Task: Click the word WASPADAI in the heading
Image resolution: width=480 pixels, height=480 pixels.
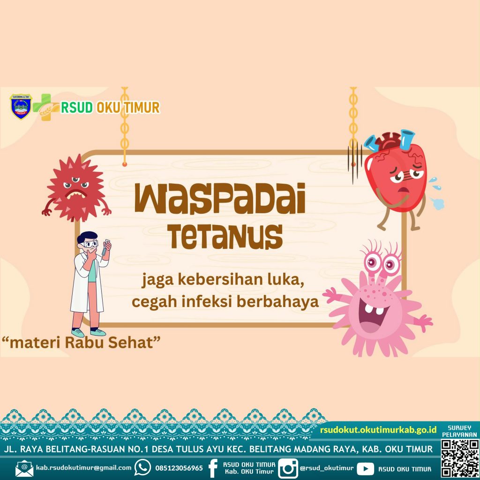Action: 220,199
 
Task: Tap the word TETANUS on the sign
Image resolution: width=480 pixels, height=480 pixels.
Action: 226,237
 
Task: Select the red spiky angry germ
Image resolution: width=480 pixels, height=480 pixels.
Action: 76,188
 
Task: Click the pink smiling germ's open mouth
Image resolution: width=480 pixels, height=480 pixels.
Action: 372,318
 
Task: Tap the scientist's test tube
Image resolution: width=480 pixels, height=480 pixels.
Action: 105,247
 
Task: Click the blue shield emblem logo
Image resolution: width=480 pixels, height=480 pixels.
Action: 21,106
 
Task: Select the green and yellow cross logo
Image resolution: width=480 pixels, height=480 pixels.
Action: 46,107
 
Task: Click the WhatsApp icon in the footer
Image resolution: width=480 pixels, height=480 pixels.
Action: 142,468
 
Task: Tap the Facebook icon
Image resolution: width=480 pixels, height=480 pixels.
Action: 213,468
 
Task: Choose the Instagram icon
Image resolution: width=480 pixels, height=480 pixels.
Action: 288,469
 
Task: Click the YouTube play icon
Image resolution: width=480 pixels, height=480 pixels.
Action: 365,469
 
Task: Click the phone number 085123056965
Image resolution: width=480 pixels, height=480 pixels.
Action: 179,468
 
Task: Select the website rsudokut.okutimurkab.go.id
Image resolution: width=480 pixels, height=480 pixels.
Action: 378,430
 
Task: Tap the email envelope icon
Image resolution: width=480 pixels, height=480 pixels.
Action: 24,468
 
